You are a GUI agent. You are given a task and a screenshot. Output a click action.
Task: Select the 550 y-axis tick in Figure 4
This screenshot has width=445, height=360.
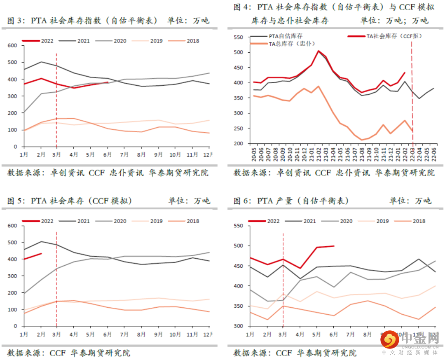pyautogui.click(x=238, y=37)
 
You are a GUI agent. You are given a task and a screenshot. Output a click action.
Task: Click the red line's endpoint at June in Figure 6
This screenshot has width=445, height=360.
pyautogui.click(x=333, y=246)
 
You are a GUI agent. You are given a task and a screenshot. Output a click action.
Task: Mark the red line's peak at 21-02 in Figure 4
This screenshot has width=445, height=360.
pyautogui.click(x=318, y=51)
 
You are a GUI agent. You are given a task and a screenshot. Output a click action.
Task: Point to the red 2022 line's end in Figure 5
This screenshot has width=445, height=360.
pyautogui.click(x=41, y=253)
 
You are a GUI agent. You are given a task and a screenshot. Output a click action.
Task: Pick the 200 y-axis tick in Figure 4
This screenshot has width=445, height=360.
pyautogui.click(x=238, y=143)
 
